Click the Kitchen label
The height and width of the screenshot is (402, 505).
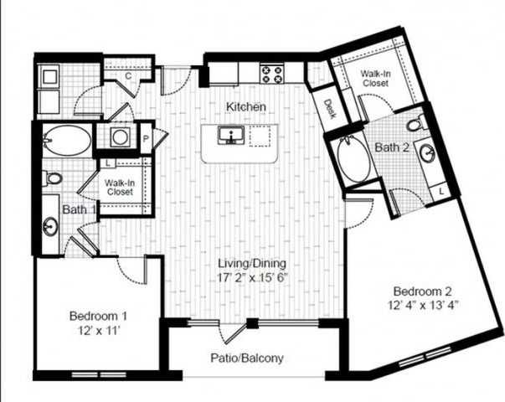coord(246,107)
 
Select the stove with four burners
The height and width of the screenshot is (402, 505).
coord(271,74)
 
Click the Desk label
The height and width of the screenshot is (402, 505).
coord(329,108)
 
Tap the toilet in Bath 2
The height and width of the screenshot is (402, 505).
coord(414,126)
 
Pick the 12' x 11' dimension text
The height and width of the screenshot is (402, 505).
coord(98,331)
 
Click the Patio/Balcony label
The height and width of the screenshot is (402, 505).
coord(247,358)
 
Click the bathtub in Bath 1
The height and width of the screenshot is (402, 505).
coord(65,140)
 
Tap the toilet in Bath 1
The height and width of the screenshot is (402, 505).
coord(53,178)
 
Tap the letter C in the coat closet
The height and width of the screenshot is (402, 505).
coord(128,76)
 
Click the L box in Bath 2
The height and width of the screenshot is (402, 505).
coord(441,192)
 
